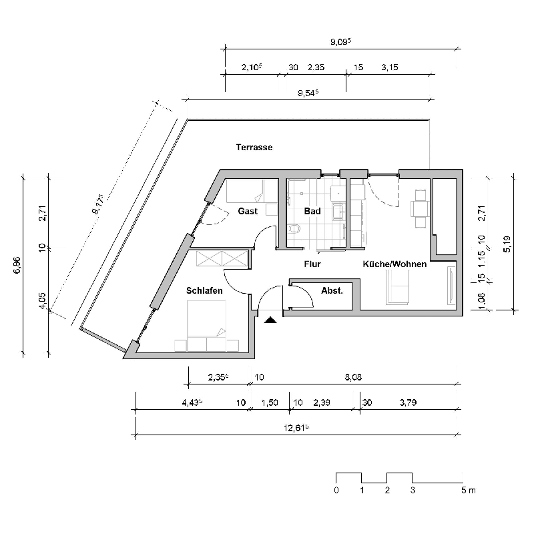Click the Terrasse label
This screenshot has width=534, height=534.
pos(254,147)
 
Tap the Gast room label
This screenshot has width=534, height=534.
pos(248,212)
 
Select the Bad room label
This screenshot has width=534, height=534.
pos(312,212)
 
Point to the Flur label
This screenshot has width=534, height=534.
pos(312,264)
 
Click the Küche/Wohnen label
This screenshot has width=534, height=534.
pos(394,264)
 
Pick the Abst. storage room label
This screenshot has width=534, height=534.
pos(332,290)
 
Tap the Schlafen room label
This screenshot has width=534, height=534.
pos(204,290)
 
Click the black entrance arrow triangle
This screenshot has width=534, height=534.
pos(270,320)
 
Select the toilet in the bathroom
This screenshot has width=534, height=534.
pos(294,230)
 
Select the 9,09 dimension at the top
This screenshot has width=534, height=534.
pos(340,41)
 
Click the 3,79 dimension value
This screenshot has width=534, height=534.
pos(409,403)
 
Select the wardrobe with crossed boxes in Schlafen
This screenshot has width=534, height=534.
pos(221,258)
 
